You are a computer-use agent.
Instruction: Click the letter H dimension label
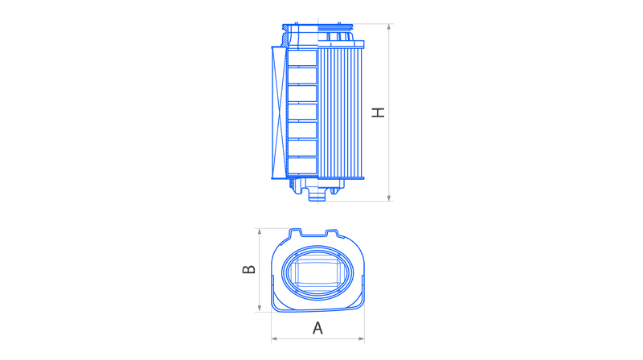pos(378,112)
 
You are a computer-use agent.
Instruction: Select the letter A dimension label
pos(317,328)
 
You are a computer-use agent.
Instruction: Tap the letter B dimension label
pos(249,269)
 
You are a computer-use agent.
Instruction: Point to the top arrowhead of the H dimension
pos(389,27)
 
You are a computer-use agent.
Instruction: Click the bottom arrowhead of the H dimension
pos(389,198)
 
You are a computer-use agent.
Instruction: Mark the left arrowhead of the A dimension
pos(275,338)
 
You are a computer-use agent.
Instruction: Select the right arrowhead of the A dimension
pos(361,338)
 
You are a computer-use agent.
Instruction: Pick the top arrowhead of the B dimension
pos(260,232)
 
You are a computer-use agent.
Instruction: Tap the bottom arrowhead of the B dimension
pos(260,309)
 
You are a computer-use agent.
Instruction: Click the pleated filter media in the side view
pos(340,112)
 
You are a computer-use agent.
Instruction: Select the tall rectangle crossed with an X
pos(279,112)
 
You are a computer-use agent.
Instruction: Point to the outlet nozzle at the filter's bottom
pos(316,194)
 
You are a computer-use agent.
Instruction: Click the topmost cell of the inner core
pos(303,57)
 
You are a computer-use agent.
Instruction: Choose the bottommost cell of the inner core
pos(303,165)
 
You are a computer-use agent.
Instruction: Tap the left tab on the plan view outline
pos(296,232)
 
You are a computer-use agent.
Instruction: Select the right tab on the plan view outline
pos(332,233)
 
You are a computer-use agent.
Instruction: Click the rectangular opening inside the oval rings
pos(317,272)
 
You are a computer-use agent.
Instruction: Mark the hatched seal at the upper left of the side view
pos(285,40)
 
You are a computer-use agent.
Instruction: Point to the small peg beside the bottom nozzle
pos(334,190)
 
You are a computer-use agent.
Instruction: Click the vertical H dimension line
pos(389,112)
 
